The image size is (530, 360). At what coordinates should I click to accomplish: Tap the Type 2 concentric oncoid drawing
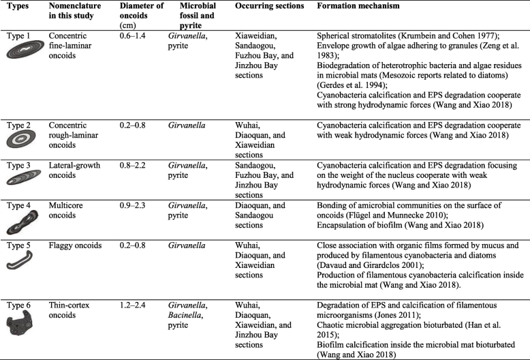(24, 140)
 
